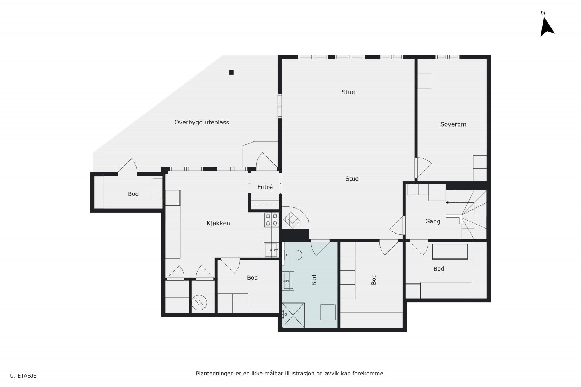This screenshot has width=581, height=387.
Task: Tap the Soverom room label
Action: pos(453,124)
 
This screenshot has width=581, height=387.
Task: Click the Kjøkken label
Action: pos(218,223)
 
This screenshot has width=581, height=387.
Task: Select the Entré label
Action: pos(265,187)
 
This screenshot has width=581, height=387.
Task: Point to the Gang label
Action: pos(432,221)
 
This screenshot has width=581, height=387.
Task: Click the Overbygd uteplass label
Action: pos(202,122)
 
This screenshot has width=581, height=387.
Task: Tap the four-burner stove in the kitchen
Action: pos(272,220)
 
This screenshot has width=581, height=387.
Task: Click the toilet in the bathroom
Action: pos(293,255)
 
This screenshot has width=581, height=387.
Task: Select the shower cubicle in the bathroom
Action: pos(293,315)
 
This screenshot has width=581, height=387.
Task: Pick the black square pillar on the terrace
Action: pos(232,72)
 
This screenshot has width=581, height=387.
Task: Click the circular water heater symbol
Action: pos(199,302)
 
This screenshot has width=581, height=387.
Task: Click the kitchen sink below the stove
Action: pos(271,250)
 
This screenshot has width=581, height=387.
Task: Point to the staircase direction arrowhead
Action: pos(447,202)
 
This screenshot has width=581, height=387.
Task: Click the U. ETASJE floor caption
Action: pos(23,376)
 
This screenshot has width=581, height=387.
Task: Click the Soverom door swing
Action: pos(423,168)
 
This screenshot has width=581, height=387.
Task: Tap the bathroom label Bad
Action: pos(314,280)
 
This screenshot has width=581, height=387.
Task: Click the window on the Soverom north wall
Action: pos(447,57)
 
